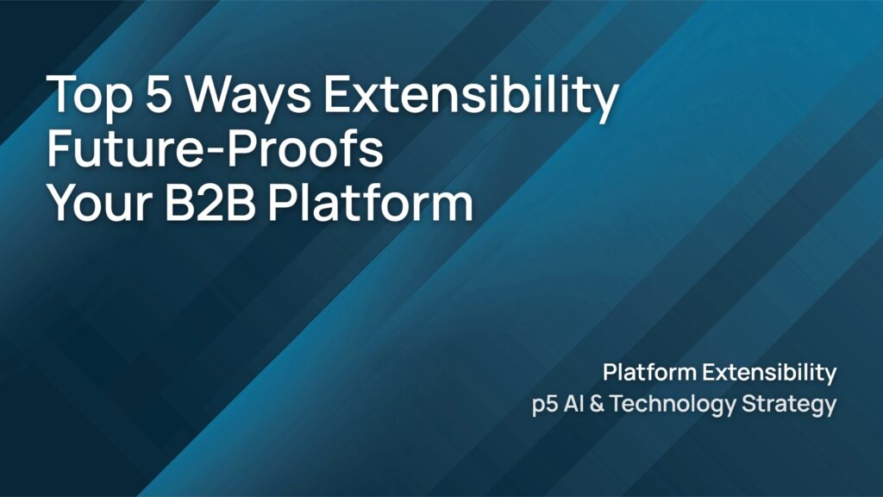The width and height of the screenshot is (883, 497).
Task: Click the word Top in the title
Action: [x=89, y=96]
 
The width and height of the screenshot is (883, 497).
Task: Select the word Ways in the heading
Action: [x=247, y=96]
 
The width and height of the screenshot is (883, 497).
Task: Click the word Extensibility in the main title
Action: [x=472, y=96]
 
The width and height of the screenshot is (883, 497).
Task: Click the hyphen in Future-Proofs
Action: [x=214, y=151]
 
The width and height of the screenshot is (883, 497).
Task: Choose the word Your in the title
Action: [x=100, y=203]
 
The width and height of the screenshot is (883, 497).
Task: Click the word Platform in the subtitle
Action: [x=650, y=373]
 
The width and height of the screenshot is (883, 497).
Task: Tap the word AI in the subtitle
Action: [x=573, y=404]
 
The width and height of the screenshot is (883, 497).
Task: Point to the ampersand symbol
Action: [x=597, y=404]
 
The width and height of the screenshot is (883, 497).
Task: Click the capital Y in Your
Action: [x=62, y=203]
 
